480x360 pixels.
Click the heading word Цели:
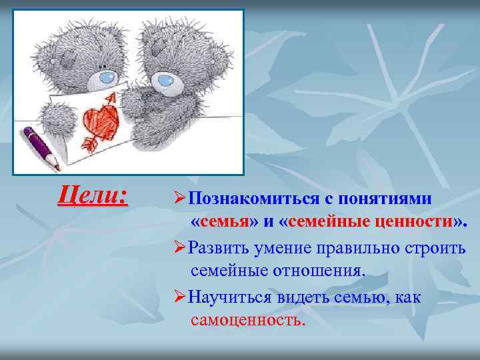[x=93, y=195]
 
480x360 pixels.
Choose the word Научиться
[x=227, y=297]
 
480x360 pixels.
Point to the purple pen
[x=41, y=146]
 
